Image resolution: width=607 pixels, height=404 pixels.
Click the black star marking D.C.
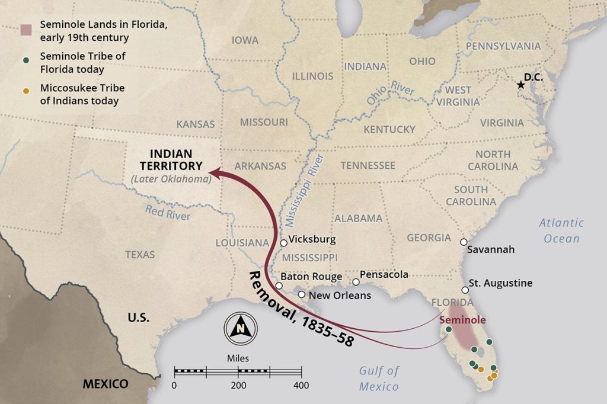(x=520, y=85)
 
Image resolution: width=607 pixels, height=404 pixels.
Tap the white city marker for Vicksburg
(x=284, y=243)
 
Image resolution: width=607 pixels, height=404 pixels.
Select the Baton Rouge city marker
(x=279, y=286)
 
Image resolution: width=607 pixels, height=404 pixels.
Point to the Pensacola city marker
(x=356, y=282)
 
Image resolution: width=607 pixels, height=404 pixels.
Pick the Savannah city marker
(x=464, y=242)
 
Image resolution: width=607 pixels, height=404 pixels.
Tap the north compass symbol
(x=241, y=326)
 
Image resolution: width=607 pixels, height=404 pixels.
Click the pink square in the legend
(x=26, y=29)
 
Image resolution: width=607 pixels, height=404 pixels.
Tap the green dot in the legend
(x=25, y=59)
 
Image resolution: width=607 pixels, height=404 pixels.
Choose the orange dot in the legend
(x=25, y=91)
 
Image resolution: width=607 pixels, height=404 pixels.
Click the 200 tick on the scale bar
(x=238, y=372)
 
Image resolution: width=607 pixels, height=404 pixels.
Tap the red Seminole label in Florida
(x=462, y=320)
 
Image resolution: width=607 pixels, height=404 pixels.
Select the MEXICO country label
(x=105, y=384)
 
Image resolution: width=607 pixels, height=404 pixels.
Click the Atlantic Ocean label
(x=561, y=230)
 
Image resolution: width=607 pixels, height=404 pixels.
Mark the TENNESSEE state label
(x=368, y=165)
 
